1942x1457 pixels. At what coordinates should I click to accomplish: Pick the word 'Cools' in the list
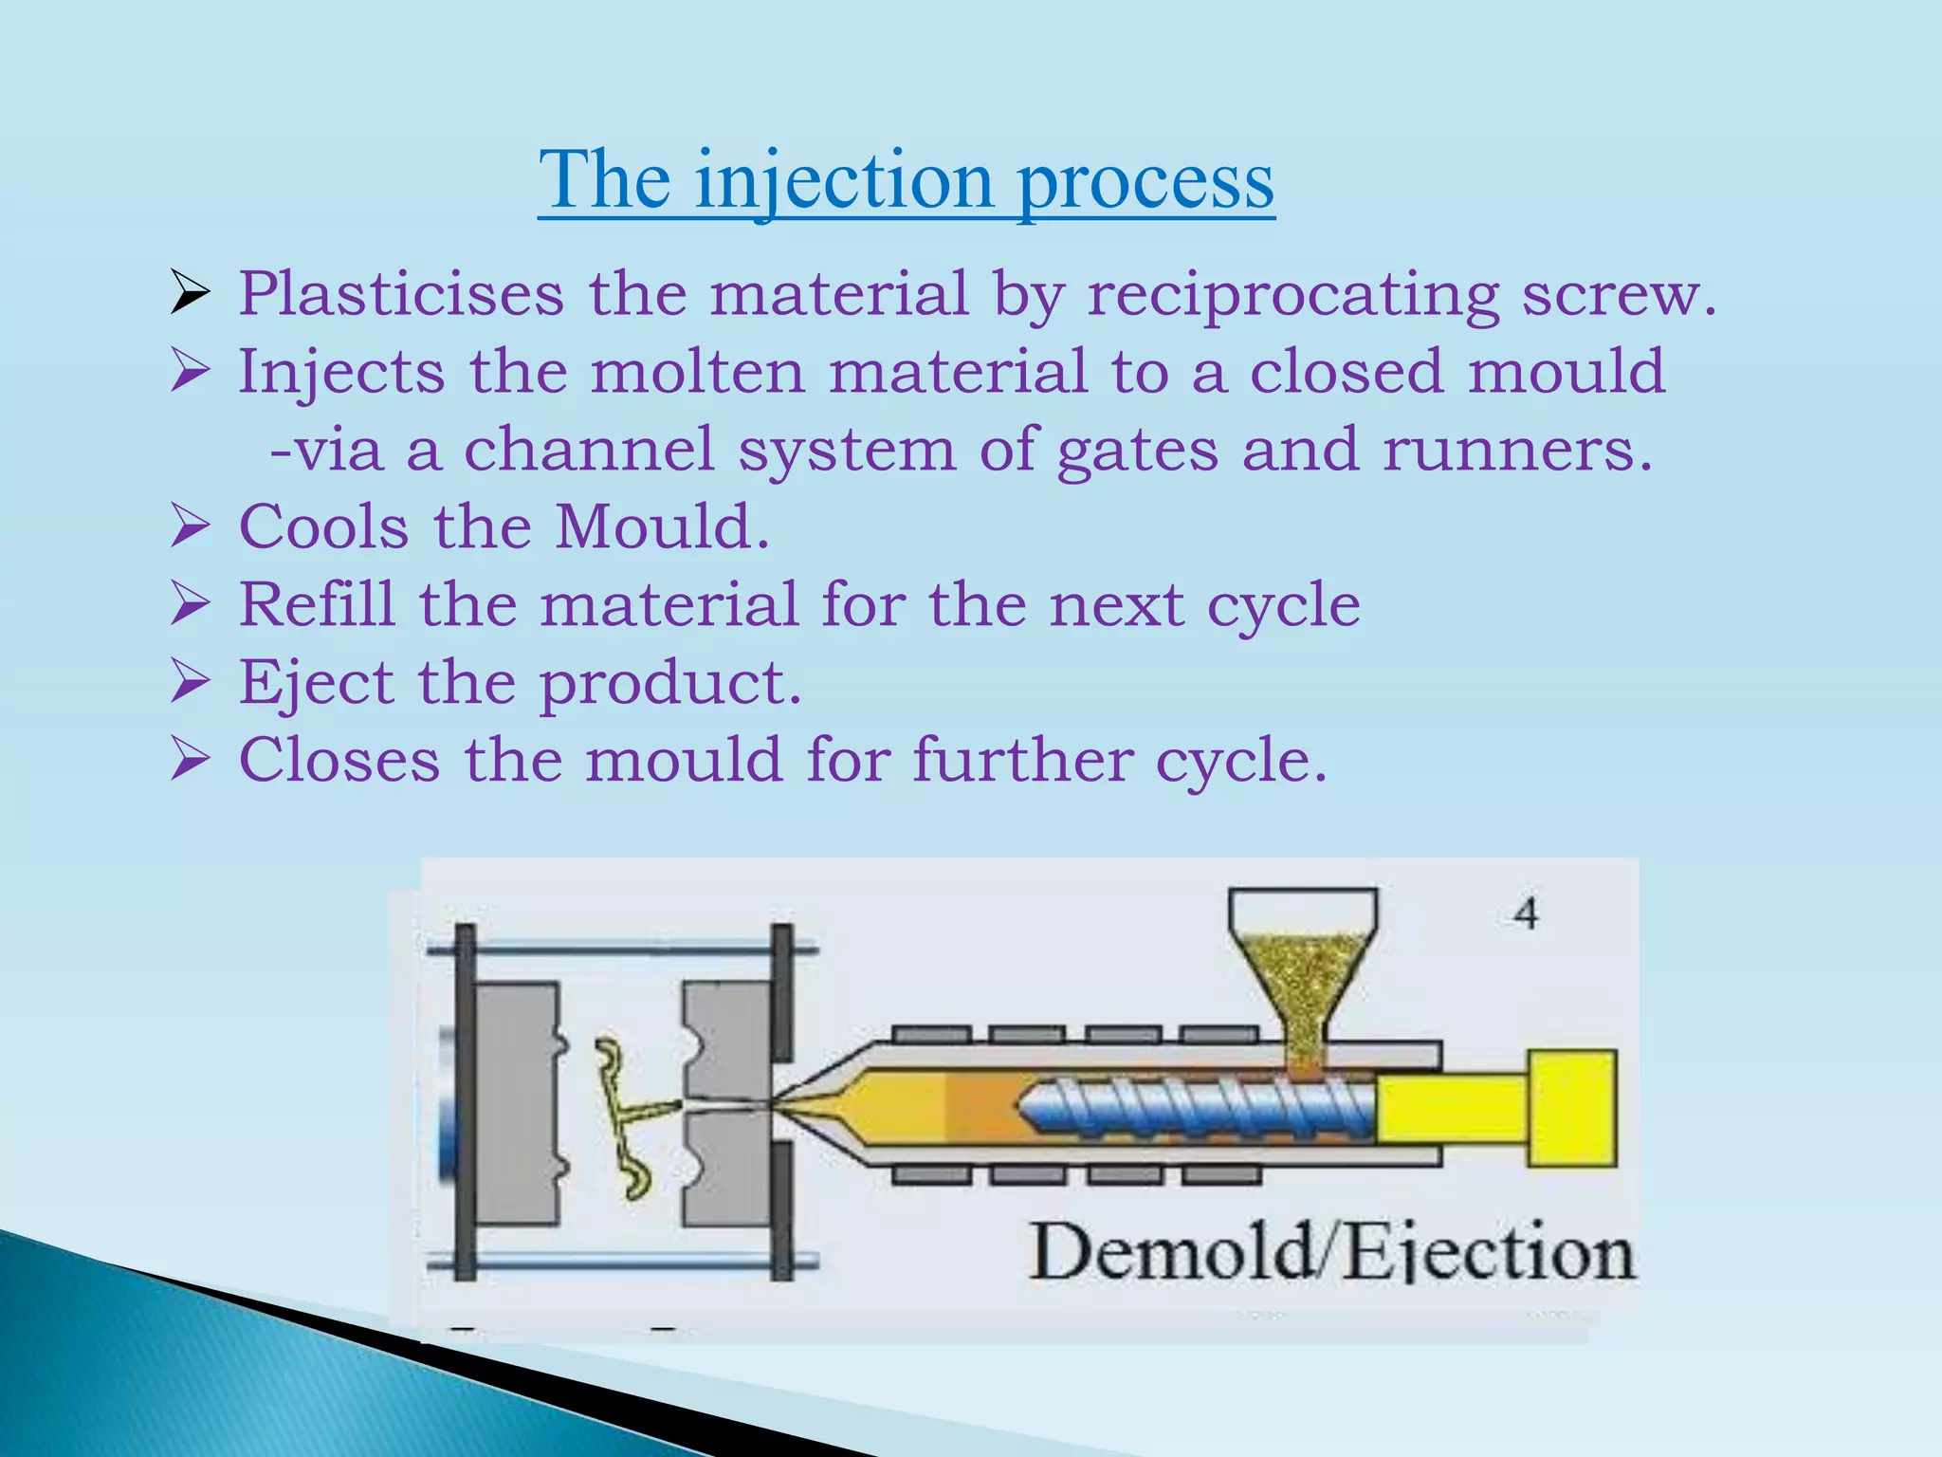(x=323, y=526)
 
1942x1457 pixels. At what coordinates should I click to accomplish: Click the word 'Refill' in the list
(x=317, y=604)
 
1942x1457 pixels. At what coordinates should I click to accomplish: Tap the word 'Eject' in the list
(x=316, y=682)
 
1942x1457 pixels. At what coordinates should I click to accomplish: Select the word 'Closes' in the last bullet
(x=339, y=760)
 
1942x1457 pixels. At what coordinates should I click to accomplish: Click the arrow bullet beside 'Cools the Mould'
(x=190, y=526)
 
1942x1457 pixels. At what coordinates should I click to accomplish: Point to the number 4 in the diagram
(x=1525, y=913)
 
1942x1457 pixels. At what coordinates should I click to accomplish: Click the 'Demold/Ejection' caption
(x=1332, y=1253)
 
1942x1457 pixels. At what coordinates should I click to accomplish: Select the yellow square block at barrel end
(x=1571, y=1108)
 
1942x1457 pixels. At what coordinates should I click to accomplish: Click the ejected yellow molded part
(x=626, y=1115)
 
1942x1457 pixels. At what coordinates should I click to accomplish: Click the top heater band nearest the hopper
(x=1219, y=1035)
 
